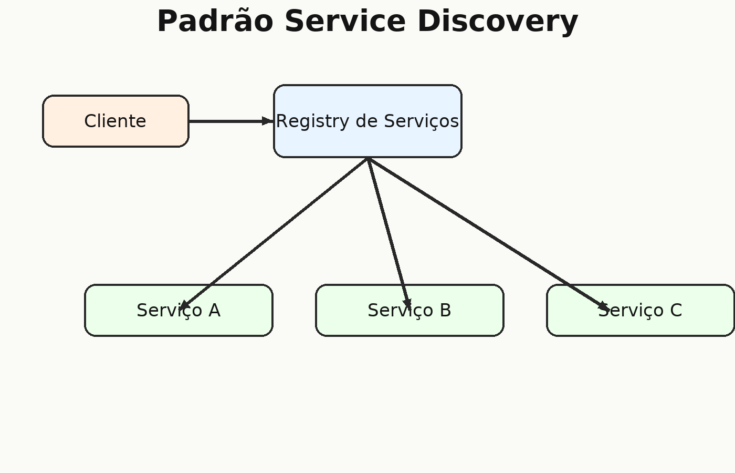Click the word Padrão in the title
coord(215,21)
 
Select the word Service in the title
coord(345,22)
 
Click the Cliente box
coord(115,121)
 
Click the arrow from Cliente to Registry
coord(231,121)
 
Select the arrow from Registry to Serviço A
coord(274,234)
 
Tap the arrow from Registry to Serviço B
coord(388,234)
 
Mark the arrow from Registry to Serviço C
coord(488,234)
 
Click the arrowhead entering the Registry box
coord(268,121)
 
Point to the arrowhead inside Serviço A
coord(183,305)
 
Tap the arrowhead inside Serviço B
coord(407,304)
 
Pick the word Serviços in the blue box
coord(421,121)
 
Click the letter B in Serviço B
coord(445,311)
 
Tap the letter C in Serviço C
coord(676,311)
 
